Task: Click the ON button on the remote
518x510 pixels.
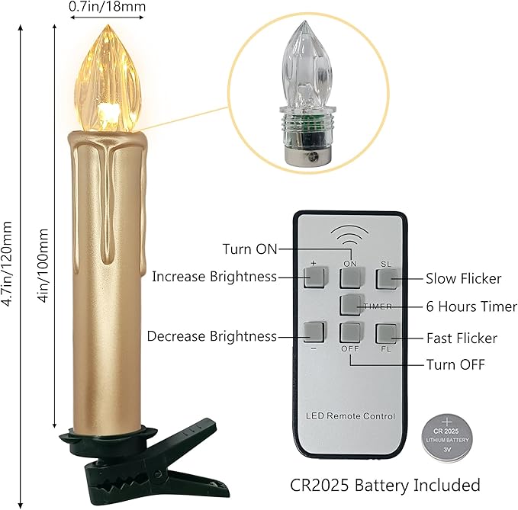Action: click(x=351, y=278)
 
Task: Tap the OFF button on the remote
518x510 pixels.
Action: click(x=351, y=332)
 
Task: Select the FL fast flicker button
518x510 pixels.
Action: click(x=387, y=334)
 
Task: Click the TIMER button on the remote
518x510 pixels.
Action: click(x=352, y=305)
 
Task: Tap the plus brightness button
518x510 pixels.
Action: click(x=315, y=277)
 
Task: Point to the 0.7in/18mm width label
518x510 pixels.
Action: click(x=107, y=6)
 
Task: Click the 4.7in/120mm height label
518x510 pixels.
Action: click(x=7, y=264)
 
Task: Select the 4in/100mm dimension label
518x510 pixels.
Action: click(x=43, y=265)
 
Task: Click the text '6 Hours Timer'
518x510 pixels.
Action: click(x=471, y=306)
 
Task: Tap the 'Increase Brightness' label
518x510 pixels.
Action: click(x=214, y=277)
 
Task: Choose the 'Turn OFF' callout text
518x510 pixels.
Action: click(x=455, y=364)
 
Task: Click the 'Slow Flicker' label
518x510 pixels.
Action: click(x=464, y=278)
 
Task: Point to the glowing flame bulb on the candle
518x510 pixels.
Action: click(x=108, y=79)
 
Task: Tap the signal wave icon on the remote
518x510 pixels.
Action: click(x=350, y=234)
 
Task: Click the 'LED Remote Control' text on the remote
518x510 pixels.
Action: click(x=350, y=416)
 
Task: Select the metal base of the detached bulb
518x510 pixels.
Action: click(x=307, y=155)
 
